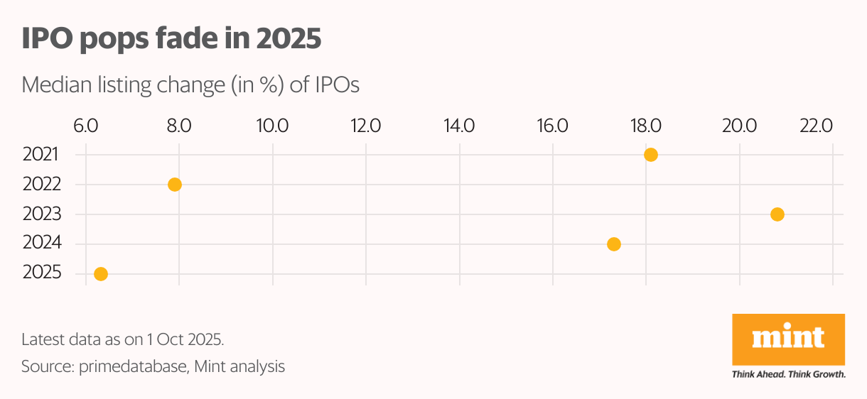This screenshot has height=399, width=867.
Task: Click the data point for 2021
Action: pyautogui.click(x=650, y=155)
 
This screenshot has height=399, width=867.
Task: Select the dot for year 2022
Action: pyautogui.click(x=175, y=185)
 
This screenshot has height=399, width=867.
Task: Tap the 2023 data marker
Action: pyautogui.click(x=777, y=214)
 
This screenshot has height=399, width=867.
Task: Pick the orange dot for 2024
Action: pyautogui.click(x=614, y=244)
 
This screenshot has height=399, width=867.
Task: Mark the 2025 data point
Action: pyautogui.click(x=101, y=274)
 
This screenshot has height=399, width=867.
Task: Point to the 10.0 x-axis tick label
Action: pyautogui.click(x=272, y=126)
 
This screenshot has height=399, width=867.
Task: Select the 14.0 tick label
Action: pyautogui.click(x=459, y=126)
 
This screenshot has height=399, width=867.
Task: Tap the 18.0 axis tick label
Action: pyautogui.click(x=645, y=126)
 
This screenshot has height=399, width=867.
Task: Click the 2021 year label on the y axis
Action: pyautogui.click(x=41, y=154)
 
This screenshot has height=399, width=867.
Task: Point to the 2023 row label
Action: pyautogui.click(x=41, y=214)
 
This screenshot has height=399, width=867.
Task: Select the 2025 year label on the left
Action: pyautogui.click(x=41, y=273)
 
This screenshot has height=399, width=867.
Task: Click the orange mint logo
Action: pyautogui.click(x=788, y=339)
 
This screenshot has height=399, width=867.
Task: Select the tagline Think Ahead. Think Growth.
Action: pyautogui.click(x=788, y=374)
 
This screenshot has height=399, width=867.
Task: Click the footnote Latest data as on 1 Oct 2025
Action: pyautogui.click(x=123, y=339)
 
